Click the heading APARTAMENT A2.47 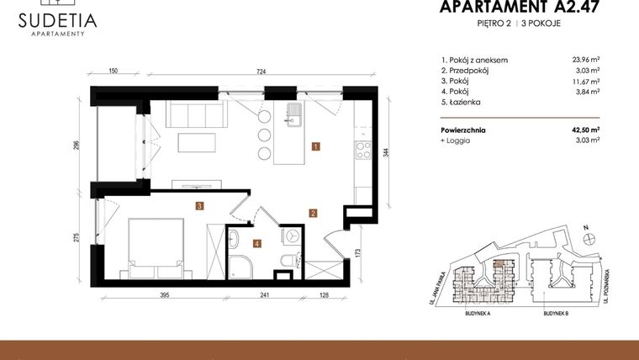click(x=500, y=8)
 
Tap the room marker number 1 click(x=314, y=146)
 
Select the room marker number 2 click(x=312, y=214)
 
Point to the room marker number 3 click(x=199, y=205)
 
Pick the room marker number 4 click(x=257, y=244)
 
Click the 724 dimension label click(x=261, y=72)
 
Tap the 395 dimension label click(x=165, y=295)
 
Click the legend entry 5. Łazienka click(x=461, y=103)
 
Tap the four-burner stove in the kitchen click(x=364, y=152)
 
